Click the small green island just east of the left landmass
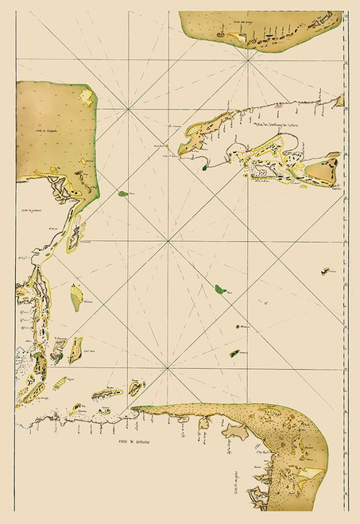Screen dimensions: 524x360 [x=123, y=193]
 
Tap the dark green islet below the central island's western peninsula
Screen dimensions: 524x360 [x=204, y=167]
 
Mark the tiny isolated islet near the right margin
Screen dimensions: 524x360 [x=323, y=271]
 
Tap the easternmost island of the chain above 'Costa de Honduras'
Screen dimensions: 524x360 [x=136, y=388]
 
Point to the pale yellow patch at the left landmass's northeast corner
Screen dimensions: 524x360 [x=87, y=96]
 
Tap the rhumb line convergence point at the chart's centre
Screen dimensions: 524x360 [x=168, y=242]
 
